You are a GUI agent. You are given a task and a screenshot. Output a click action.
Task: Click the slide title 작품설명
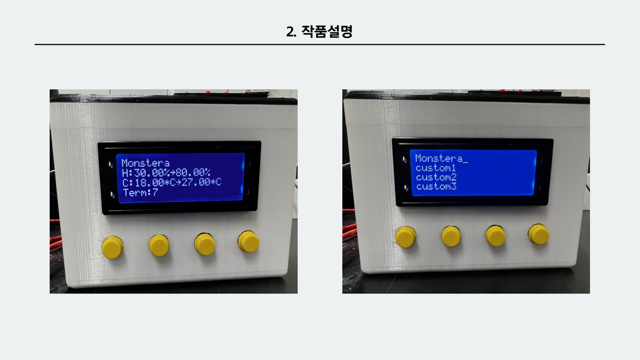327,32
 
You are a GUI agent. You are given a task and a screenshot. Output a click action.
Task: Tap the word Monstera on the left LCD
145,163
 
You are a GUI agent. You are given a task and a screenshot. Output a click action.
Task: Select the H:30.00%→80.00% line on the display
166,173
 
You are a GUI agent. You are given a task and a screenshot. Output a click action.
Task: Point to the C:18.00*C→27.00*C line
172,182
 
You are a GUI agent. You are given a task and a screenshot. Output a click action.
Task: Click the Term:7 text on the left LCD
140,192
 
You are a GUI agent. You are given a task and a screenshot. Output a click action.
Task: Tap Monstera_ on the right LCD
442,158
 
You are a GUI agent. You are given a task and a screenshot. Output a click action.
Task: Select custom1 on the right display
436,168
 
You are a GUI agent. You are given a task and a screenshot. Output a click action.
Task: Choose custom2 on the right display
436,177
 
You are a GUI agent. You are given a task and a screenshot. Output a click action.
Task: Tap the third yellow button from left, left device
205,244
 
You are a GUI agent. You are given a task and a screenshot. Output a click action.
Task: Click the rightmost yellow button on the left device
249,241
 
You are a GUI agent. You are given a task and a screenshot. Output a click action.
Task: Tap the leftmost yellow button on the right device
406,237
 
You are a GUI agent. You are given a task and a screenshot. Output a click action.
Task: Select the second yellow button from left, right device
451,236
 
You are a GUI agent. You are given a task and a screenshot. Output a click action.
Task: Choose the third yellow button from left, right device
495,235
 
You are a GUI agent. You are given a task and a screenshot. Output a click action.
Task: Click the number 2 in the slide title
290,32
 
